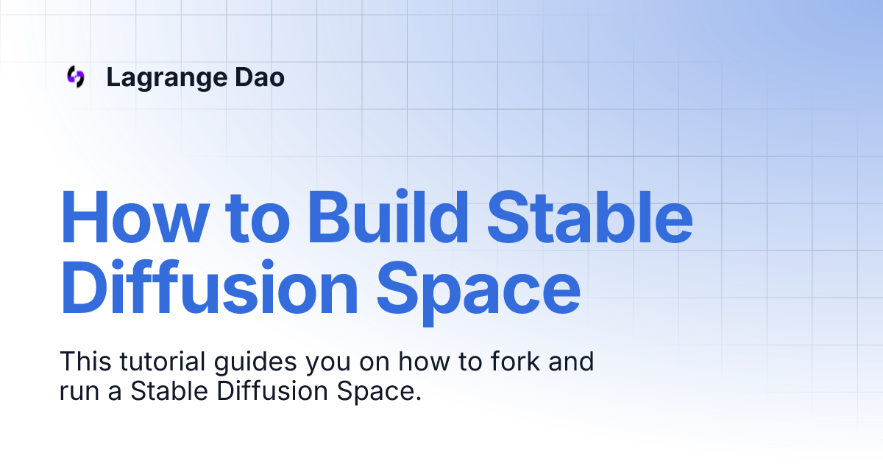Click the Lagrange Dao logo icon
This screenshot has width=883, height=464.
click(75, 77)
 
